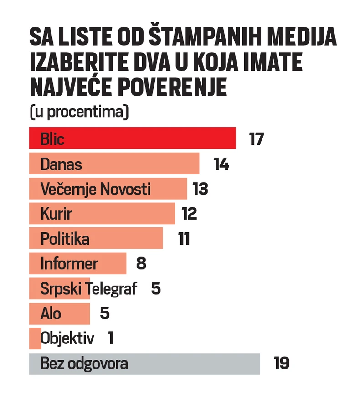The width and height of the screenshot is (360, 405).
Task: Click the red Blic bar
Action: pyautogui.click(x=132, y=138)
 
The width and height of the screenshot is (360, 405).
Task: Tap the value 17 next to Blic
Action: pyautogui.click(x=257, y=138)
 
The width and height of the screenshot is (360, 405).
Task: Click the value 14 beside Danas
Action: pyautogui.click(x=221, y=164)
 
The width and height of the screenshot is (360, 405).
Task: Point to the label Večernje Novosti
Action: pyautogui.click(x=96, y=189)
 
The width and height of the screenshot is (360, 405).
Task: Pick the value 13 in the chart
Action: pyautogui.click(x=200, y=189)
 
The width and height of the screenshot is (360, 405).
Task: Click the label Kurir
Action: pyautogui.click(x=57, y=214)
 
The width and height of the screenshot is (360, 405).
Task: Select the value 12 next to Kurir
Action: pyautogui.click(x=189, y=214)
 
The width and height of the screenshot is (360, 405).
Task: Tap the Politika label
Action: pyautogui.click(x=65, y=239)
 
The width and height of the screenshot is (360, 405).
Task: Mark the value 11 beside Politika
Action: pyautogui.click(x=184, y=239)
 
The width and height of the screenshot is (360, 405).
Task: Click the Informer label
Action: pyautogui.click(x=69, y=264)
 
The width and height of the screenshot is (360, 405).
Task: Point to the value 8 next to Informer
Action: pyautogui.click(x=141, y=264)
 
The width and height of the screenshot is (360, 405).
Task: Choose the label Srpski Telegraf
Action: pyautogui.click(x=89, y=289)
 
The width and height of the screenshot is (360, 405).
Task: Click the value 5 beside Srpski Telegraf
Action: pyautogui.click(x=156, y=289)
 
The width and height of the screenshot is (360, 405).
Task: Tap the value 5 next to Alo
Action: pyautogui.click(x=105, y=313)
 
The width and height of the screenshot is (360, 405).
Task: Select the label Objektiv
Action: pyautogui.click(x=67, y=338)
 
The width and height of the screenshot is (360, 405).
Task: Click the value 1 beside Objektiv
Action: pyautogui.click(x=111, y=338)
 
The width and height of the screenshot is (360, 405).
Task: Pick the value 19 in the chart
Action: pyautogui.click(x=282, y=364)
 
